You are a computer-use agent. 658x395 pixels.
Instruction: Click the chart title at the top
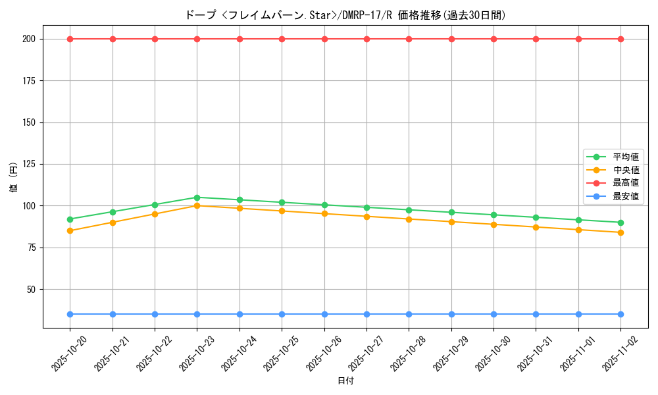[345, 15]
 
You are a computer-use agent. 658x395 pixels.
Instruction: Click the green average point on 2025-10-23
[197, 197]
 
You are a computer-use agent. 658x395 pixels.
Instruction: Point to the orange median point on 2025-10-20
[70, 230]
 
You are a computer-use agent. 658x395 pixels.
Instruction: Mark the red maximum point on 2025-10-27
[367, 39]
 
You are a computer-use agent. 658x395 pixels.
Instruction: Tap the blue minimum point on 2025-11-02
[620, 314]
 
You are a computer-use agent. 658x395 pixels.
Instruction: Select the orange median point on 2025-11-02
[620, 232]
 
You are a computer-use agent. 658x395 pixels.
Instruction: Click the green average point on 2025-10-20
[70, 219]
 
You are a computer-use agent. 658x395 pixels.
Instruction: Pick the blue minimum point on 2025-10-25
[282, 314]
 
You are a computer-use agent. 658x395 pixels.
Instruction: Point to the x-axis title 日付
[345, 381]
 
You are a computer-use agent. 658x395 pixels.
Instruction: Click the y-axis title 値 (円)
[14, 177]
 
